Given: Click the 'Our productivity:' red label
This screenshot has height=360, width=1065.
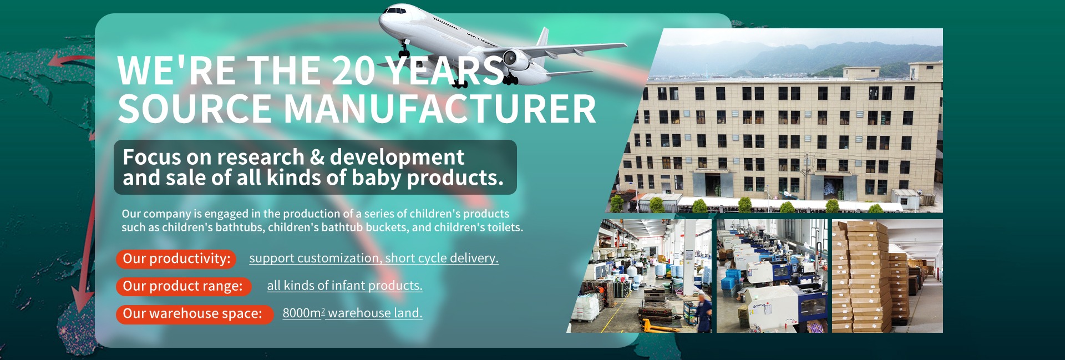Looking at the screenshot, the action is pos(176,258).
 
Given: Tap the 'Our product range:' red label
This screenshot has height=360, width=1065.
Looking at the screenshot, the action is pos(184,286).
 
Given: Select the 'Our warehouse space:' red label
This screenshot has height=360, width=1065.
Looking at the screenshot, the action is pos(195,314).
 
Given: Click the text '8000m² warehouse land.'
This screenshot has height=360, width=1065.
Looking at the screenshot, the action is pos(352,313).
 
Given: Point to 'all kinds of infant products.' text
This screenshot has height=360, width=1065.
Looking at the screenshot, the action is pos(344,286).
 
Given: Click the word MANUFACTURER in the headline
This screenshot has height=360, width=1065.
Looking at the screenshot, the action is pos(440,109).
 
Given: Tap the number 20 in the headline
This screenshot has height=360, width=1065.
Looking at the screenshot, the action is pos(354,71).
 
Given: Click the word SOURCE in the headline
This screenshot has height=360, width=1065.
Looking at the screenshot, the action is pos(195,109).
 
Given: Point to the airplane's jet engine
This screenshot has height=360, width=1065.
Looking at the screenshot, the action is pos(516,59).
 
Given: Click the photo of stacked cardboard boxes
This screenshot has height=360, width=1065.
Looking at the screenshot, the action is pos(887,276).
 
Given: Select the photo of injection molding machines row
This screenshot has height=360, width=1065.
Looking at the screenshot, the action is pos(772,276).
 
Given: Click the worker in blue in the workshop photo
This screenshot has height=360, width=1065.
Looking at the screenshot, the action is pos(703,311).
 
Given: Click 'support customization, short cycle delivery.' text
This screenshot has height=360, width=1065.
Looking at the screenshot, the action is pos(374,258).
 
